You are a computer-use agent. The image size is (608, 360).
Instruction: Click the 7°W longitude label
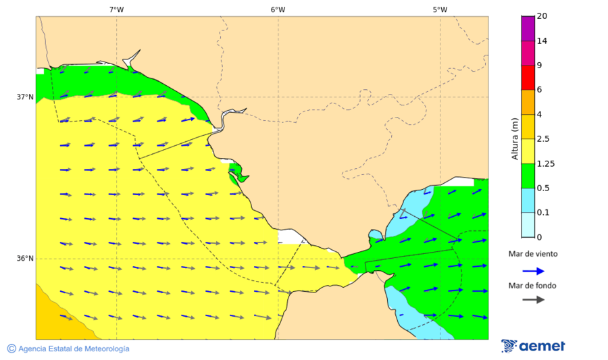[x=116, y=9]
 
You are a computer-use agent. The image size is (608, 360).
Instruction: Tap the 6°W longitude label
[x=278, y=9]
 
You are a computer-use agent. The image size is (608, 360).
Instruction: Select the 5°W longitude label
[x=440, y=9]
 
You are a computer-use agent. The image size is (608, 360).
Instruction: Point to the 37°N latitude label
[x=25, y=97]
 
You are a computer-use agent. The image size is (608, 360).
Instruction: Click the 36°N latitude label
[x=25, y=258]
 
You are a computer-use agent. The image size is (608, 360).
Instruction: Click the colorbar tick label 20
[x=541, y=16]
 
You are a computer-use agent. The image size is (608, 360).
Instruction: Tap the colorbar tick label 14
[x=541, y=41]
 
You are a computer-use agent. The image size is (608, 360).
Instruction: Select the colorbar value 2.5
[x=542, y=139]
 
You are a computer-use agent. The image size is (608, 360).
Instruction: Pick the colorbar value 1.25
[x=544, y=163]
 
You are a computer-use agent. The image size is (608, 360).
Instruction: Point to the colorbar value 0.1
[x=542, y=213]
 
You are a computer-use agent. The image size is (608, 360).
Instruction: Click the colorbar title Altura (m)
[x=515, y=138]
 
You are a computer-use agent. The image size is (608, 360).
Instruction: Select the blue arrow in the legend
[x=533, y=271]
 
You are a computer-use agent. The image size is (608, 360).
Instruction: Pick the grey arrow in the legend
[x=533, y=299]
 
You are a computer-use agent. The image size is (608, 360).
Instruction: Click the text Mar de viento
[x=533, y=254]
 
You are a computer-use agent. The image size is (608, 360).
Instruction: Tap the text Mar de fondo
[x=533, y=286]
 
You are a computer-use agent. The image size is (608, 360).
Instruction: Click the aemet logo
[x=533, y=346]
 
